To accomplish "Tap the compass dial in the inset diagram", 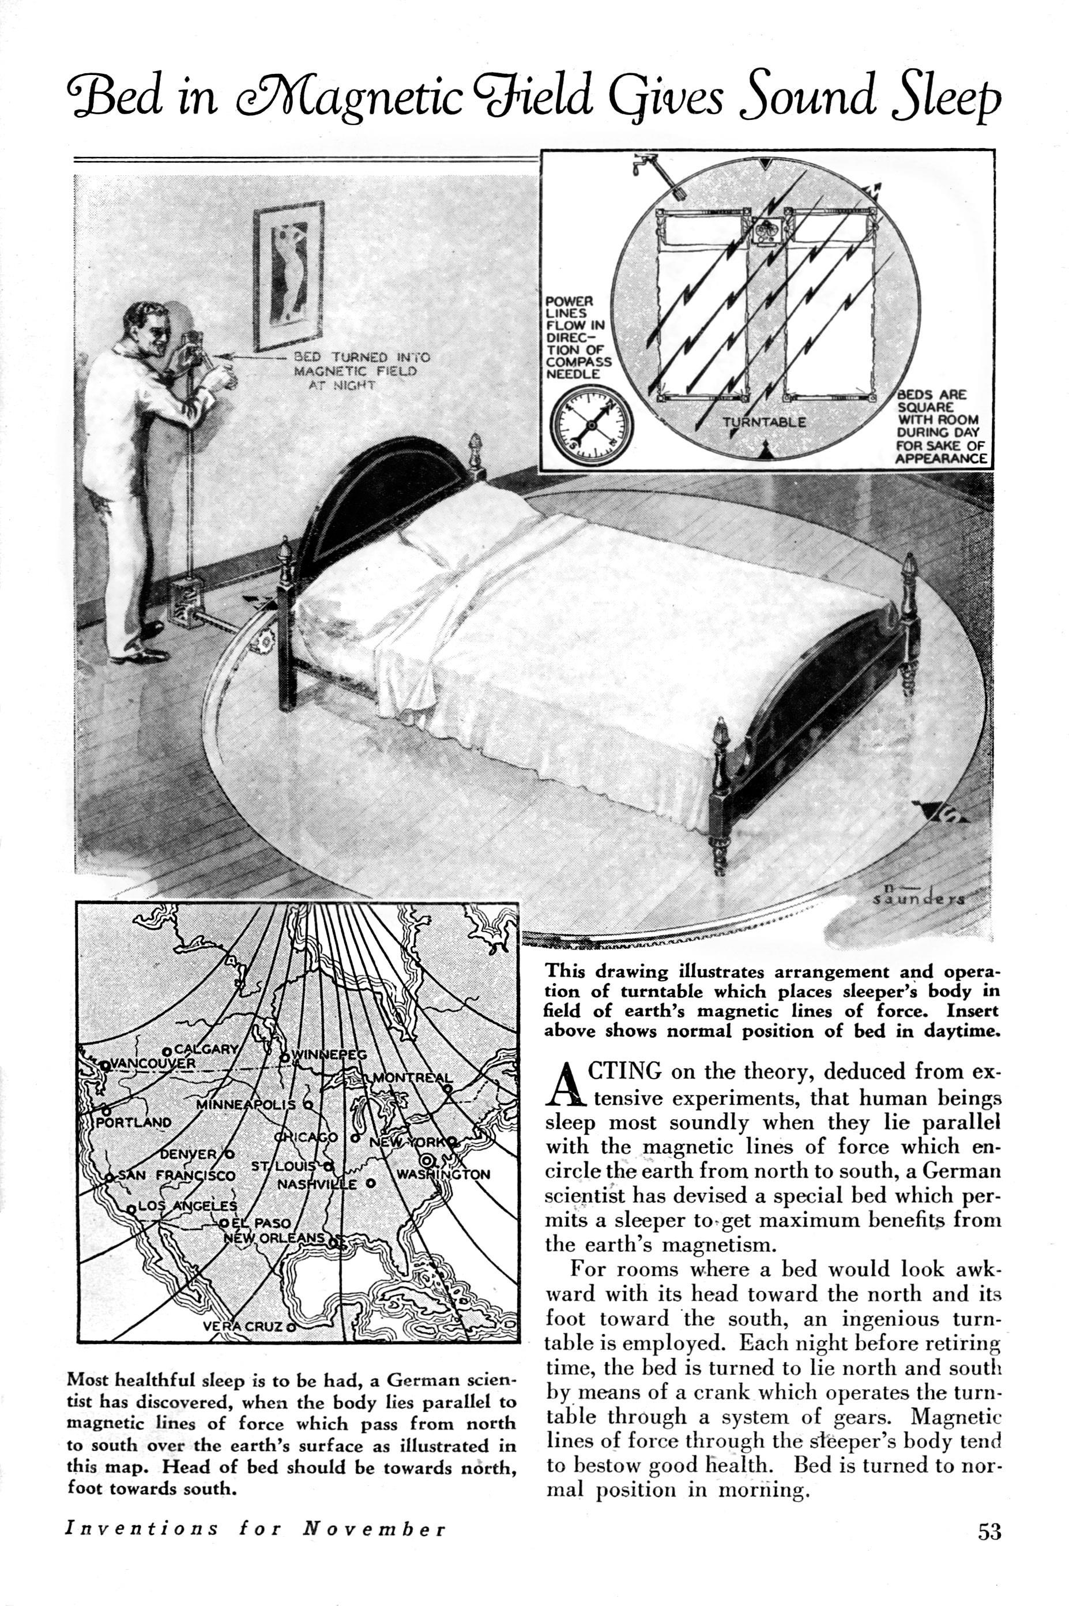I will [x=591, y=423].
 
